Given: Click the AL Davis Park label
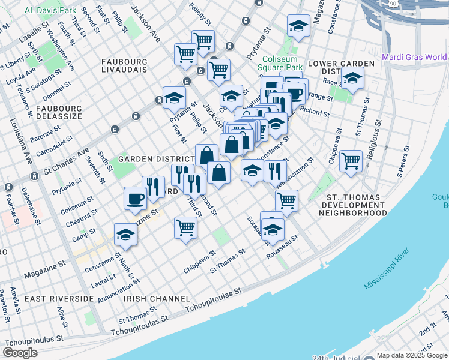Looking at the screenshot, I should (50, 10).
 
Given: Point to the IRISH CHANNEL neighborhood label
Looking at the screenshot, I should (157, 298).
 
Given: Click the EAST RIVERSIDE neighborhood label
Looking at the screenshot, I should (59, 298).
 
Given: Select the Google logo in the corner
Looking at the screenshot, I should (20, 353).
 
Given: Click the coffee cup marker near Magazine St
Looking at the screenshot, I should (135, 198).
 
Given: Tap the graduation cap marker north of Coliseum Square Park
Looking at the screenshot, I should (297, 26).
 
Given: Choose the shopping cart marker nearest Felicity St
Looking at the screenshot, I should (203, 41).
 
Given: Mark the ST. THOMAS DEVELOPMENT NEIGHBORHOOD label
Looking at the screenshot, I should (353, 205).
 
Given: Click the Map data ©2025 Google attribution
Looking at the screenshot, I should (412, 355).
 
